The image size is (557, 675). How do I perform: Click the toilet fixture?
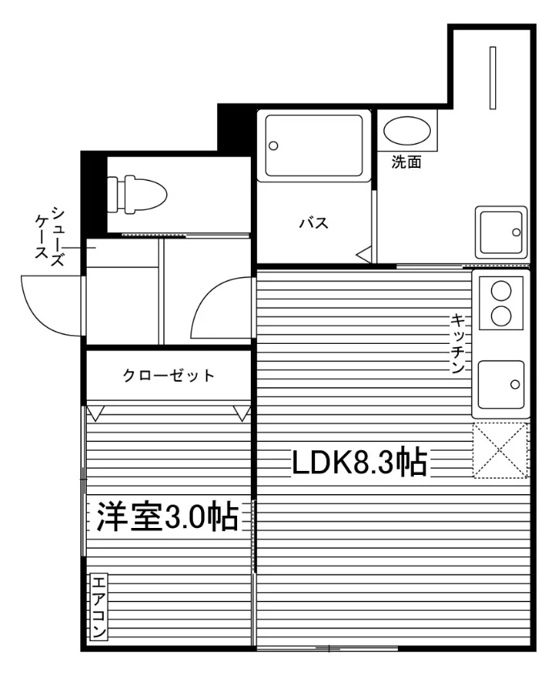pyautogui.click(x=137, y=194)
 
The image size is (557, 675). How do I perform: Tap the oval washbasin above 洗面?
pyautogui.click(x=407, y=130)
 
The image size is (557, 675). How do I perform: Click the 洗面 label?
pyautogui.click(x=406, y=162)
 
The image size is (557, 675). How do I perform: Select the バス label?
pyautogui.click(x=313, y=223)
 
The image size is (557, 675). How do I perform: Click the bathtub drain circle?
pyautogui.click(x=273, y=145)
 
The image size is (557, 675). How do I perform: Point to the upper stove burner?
pyautogui.click(x=501, y=292)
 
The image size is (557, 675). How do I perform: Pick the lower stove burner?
pyautogui.click(x=501, y=316)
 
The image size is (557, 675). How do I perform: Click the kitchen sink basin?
pyautogui.click(x=501, y=384)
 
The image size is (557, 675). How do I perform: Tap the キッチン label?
pyautogui.click(x=457, y=343)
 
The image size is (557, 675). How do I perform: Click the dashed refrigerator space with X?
pyautogui.click(x=500, y=450)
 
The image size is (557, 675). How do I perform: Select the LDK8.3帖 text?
pyautogui.click(x=359, y=463)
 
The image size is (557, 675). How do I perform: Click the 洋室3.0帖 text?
pyautogui.click(x=167, y=517)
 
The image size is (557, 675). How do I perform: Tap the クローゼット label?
pyautogui.click(x=168, y=375)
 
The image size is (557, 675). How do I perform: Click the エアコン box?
pyautogui.click(x=99, y=606)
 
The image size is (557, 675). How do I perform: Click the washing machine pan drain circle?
pyautogui.click(x=516, y=232)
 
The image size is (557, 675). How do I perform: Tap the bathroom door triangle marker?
pyautogui.click(x=364, y=255)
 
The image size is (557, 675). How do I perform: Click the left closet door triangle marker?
pyautogui.click(x=95, y=413)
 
